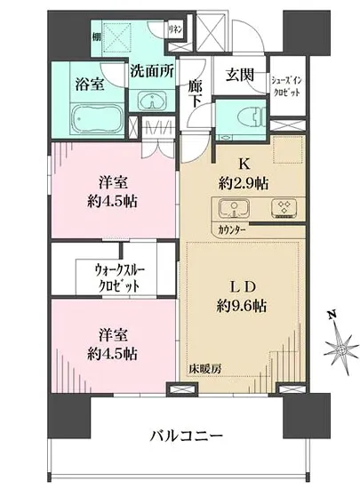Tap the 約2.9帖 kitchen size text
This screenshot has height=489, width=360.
coord(244,183)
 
